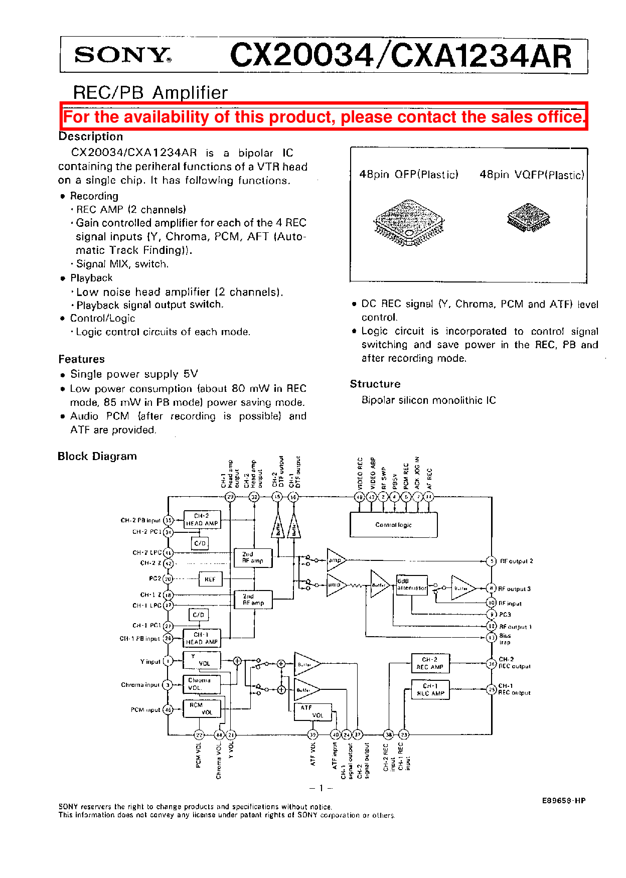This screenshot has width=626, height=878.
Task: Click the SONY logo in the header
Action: [x=122, y=55]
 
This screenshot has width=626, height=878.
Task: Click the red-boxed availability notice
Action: [x=324, y=117]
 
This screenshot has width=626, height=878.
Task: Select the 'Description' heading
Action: [x=91, y=136]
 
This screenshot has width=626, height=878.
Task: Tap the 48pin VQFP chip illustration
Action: [x=529, y=217]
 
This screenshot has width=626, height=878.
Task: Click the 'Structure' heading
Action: [x=375, y=384]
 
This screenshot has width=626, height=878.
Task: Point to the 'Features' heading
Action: [x=82, y=359]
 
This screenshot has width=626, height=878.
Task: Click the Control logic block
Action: [x=393, y=525]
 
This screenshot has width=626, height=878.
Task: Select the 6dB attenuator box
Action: [x=412, y=585]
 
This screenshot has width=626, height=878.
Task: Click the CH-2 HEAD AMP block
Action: [x=202, y=520]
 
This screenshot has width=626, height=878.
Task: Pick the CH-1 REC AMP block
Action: [x=430, y=689]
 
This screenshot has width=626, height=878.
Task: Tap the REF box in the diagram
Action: [x=210, y=579]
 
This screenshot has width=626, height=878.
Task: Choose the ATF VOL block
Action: [x=313, y=712]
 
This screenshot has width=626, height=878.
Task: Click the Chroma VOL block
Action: [x=202, y=684]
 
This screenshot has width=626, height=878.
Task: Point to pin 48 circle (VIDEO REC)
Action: [x=360, y=497]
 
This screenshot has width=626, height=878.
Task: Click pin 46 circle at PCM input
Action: [x=169, y=710]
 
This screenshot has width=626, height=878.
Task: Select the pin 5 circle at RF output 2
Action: [x=492, y=561]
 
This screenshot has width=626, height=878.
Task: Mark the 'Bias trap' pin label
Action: [x=505, y=639]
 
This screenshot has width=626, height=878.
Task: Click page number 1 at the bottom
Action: [x=321, y=788]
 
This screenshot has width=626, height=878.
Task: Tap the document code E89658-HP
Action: [x=563, y=801]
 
